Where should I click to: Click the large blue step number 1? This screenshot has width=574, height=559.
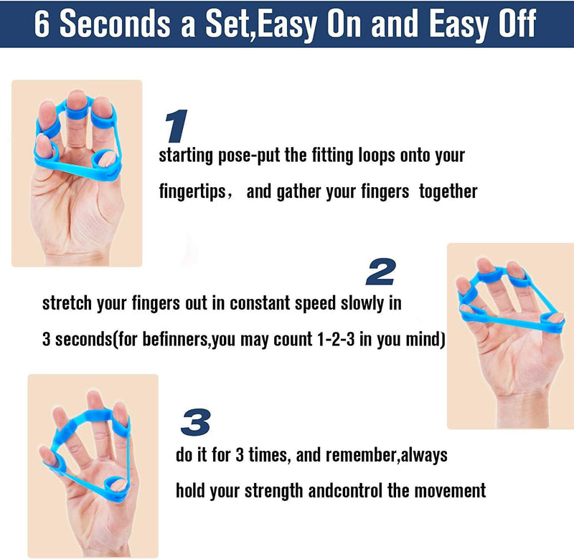coord(177,127)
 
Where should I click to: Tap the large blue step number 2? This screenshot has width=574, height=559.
coord(380,272)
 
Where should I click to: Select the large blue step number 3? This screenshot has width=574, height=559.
coord(194,423)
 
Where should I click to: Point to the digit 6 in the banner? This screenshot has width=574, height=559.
coord(42,23)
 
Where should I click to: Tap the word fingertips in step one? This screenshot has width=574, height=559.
coord(192,193)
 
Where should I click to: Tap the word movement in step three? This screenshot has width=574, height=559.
coord(450,492)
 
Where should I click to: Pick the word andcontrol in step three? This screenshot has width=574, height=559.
coord(344,492)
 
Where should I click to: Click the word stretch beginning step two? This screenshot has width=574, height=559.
coord(65,303)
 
